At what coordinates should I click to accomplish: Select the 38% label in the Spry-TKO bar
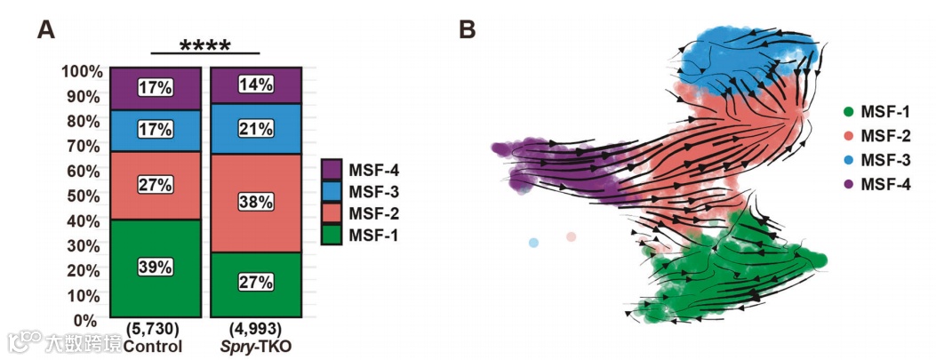tap(256, 202)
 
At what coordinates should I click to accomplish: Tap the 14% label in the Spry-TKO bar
tap(256, 84)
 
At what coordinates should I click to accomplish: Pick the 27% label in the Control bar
tap(156, 185)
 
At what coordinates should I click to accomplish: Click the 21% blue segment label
tap(256, 128)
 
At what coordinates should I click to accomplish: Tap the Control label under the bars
tap(154, 346)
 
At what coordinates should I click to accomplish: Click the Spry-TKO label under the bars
tap(256, 346)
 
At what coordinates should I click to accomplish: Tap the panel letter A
tap(47, 30)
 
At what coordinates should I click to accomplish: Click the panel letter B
tap(468, 30)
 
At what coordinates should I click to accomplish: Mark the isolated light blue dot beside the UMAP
tap(533, 242)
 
